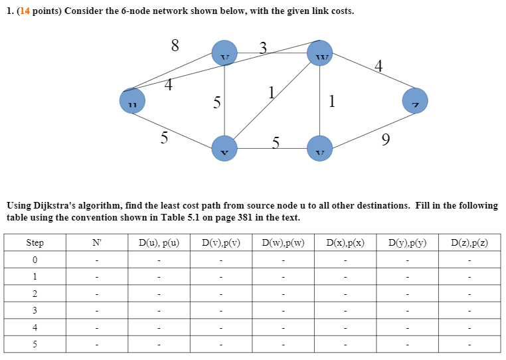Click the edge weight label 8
(175, 46)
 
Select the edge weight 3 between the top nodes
(263, 47)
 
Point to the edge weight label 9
(386, 139)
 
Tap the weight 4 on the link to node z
(379, 66)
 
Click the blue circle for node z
(415, 101)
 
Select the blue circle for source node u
(132, 101)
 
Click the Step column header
(35, 243)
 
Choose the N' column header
(96, 243)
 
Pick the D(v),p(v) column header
(220, 243)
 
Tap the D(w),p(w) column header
(283, 243)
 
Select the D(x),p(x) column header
(345, 243)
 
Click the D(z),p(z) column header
(469, 243)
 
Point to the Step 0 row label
(35, 260)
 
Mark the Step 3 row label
(35, 310)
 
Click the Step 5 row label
(35, 344)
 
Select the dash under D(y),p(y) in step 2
(407, 294)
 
